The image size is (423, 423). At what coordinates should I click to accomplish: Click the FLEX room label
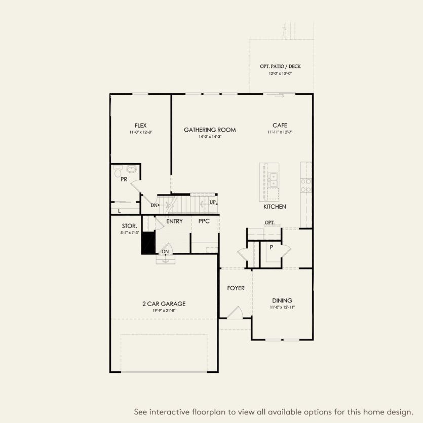click(x=141, y=125)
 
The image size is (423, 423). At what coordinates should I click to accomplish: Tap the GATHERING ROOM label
click(x=210, y=130)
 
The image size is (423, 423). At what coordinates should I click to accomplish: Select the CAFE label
click(x=280, y=125)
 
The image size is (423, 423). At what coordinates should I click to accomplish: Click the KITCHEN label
click(x=275, y=207)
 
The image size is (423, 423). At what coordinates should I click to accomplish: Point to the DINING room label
click(x=282, y=300)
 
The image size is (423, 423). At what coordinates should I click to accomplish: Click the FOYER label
click(x=236, y=288)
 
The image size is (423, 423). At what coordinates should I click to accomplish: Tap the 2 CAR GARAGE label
click(x=164, y=304)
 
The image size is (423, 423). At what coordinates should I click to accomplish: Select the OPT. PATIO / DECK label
click(x=280, y=66)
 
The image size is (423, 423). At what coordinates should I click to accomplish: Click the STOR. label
click(x=129, y=225)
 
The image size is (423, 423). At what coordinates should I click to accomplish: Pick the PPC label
click(x=204, y=221)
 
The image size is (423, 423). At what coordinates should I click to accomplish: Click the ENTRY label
click(x=174, y=221)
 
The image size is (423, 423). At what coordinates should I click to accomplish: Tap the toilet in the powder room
click(x=118, y=170)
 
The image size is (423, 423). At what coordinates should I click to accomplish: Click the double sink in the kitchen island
click(x=273, y=179)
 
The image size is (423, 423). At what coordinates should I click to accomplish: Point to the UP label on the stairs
click(x=213, y=202)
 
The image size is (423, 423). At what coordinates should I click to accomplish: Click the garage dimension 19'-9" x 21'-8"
click(x=164, y=311)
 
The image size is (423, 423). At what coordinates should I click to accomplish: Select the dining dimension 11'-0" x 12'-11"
click(x=282, y=307)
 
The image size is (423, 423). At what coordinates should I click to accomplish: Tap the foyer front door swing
click(x=235, y=313)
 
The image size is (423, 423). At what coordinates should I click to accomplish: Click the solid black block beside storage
click(x=148, y=242)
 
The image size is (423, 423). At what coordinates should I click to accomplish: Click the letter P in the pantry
click(x=272, y=248)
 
